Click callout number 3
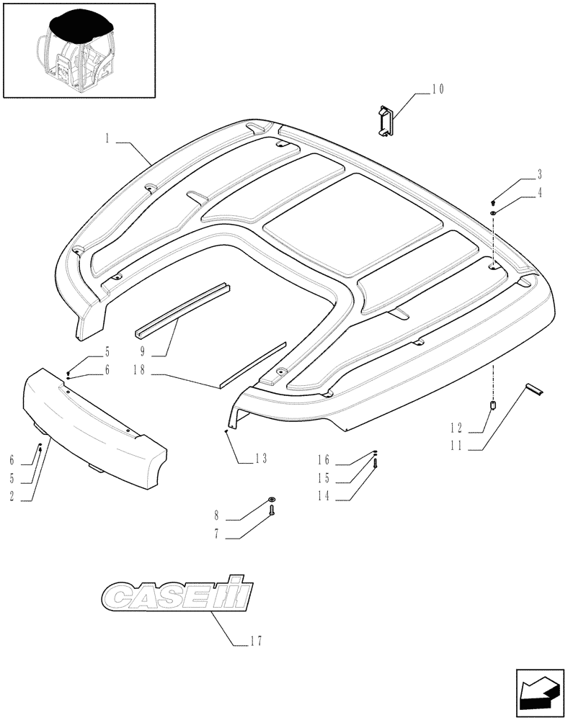(538, 174)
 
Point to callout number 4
(538, 192)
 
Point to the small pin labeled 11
(534, 390)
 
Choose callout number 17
(257, 642)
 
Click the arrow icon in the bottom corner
(536, 689)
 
